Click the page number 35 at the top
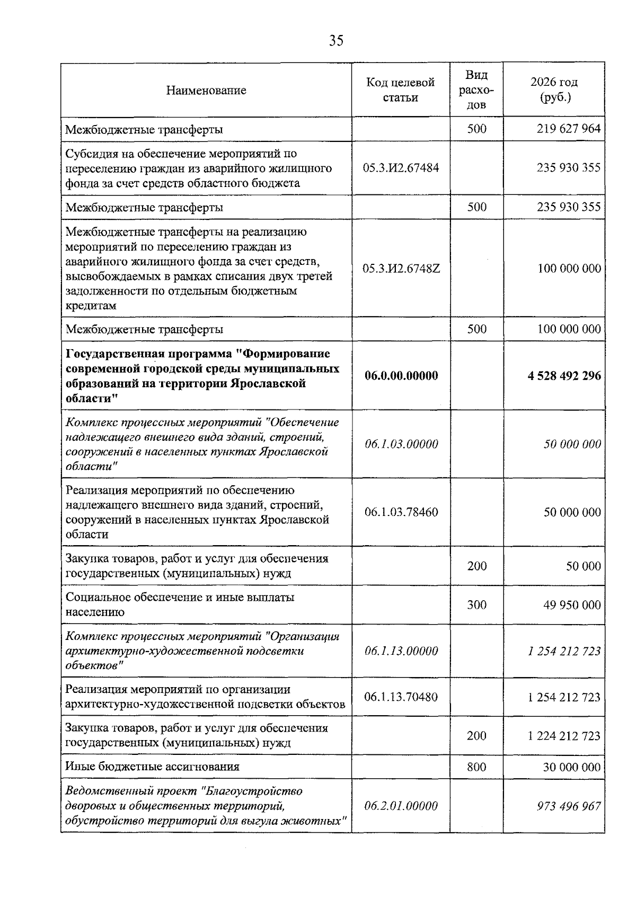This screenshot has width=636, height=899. [336, 41]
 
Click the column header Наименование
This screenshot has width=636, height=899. [206, 91]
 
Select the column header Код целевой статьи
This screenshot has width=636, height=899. [400, 90]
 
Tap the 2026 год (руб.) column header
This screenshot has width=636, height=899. [554, 90]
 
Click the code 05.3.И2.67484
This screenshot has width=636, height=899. [401, 168]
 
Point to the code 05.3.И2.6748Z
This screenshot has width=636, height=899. [401, 269]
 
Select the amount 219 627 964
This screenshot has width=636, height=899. [569, 129]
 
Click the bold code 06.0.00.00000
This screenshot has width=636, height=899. [401, 376]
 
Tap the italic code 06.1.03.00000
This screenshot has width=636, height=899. [401, 444]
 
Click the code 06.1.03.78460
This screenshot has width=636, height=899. [401, 512]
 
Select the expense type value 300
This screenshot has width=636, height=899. [476, 605]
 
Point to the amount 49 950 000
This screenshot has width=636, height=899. [572, 605]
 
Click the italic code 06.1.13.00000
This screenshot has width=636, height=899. [401, 651]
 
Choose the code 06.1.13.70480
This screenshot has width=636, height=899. [401, 697]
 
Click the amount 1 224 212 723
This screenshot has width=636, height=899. [564, 736]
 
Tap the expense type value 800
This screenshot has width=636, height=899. [476, 767]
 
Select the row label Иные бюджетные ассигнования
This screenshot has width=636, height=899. [153, 767]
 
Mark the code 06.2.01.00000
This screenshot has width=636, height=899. [401, 806]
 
